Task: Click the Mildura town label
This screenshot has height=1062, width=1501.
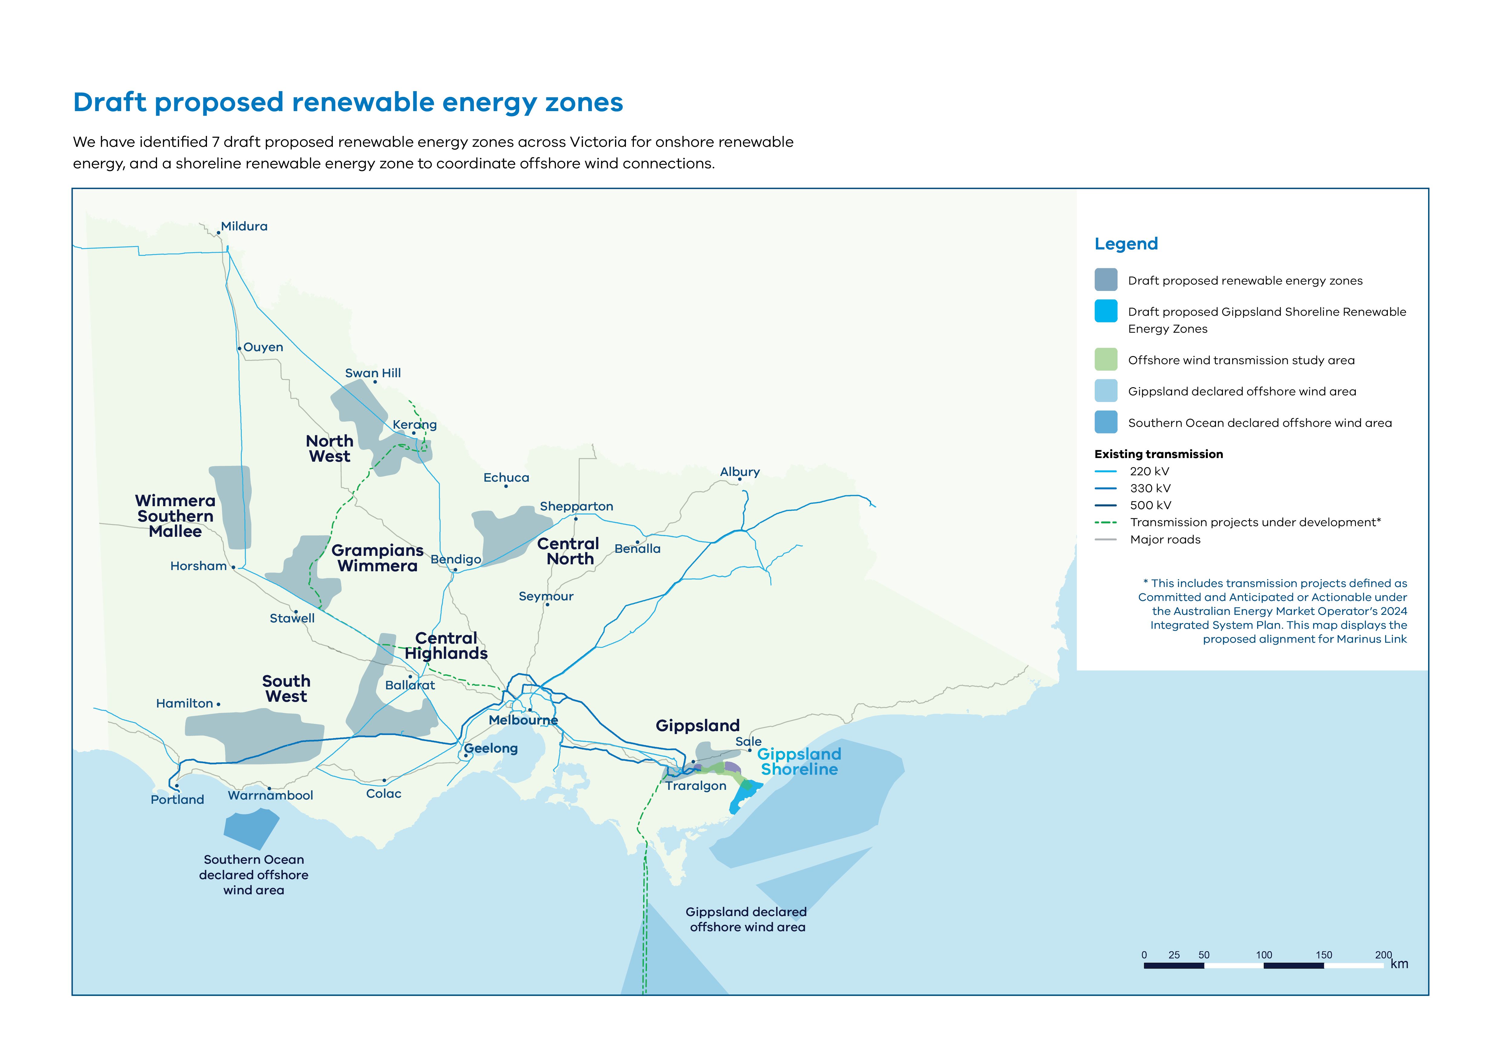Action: pyautogui.click(x=244, y=226)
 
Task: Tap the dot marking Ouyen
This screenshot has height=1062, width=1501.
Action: pyautogui.click(x=239, y=348)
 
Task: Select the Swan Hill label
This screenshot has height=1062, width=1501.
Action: pyautogui.click(x=373, y=373)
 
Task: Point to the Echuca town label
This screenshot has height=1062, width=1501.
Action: pyautogui.click(x=506, y=477)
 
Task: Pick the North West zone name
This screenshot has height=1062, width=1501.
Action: pyautogui.click(x=329, y=449)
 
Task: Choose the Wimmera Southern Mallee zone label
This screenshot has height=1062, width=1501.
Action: pyautogui.click(x=175, y=516)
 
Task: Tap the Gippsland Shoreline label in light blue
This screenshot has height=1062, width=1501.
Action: pyautogui.click(x=799, y=762)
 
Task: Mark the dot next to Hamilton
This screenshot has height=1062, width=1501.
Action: pyautogui.click(x=218, y=704)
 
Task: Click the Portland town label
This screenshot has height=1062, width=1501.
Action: pyautogui.click(x=177, y=799)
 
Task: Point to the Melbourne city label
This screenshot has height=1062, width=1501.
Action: pyautogui.click(x=523, y=720)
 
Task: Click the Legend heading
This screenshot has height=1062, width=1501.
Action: pyautogui.click(x=1126, y=244)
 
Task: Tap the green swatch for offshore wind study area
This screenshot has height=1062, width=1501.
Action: pyautogui.click(x=1106, y=360)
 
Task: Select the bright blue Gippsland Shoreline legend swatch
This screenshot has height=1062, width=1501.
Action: pyautogui.click(x=1106, y=311)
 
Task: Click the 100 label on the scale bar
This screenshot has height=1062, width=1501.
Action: pyautogui.click(x=1264, y=955)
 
